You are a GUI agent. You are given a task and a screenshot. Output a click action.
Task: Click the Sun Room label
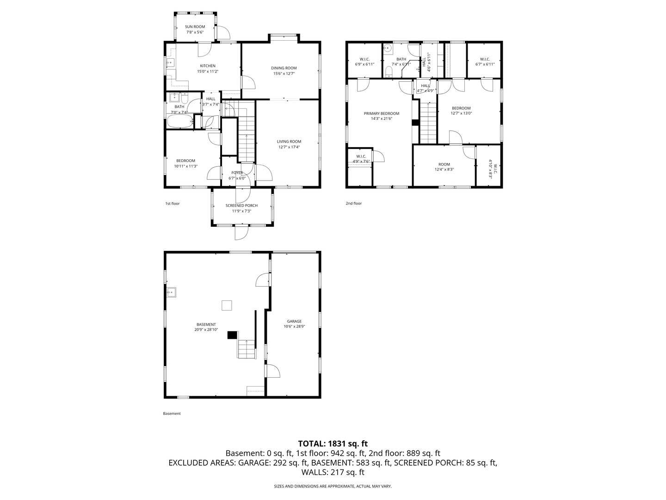coord(195,27)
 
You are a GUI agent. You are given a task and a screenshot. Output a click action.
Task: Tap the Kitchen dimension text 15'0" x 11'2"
coord(208,71)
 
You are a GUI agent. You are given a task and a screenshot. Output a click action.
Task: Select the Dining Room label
coord(284,68)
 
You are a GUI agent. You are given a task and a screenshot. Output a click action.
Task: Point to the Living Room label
coord(289,142)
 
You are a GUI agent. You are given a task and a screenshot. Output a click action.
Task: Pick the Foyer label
coord(237,173)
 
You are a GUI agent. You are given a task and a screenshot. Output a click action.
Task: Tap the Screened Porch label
coord(241,206)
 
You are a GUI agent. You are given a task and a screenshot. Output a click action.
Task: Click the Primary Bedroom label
coord(382,113)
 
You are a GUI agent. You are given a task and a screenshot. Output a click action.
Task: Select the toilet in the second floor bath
coord(388,72)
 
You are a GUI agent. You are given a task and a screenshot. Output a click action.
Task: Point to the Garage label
coord(294,321)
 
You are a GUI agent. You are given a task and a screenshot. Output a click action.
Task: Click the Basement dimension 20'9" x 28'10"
coord(206,330)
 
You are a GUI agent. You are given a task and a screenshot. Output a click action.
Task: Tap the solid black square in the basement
coord(232,335)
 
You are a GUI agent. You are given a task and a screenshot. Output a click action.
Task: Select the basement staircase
coord(247,349)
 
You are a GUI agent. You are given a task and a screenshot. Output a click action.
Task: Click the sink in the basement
coord(171,292)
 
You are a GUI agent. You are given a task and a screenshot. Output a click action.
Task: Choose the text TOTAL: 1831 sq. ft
coord(333,444)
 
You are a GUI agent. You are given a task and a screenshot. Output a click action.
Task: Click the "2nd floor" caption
coord(354,203)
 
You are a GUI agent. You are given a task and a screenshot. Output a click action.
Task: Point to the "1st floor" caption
coord(173,203)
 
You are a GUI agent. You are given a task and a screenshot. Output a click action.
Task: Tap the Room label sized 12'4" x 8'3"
coord(444,164)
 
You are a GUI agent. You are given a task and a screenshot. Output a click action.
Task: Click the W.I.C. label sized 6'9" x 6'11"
coord(364,59)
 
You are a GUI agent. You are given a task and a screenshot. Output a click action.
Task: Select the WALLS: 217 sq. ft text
coord(333,472)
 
